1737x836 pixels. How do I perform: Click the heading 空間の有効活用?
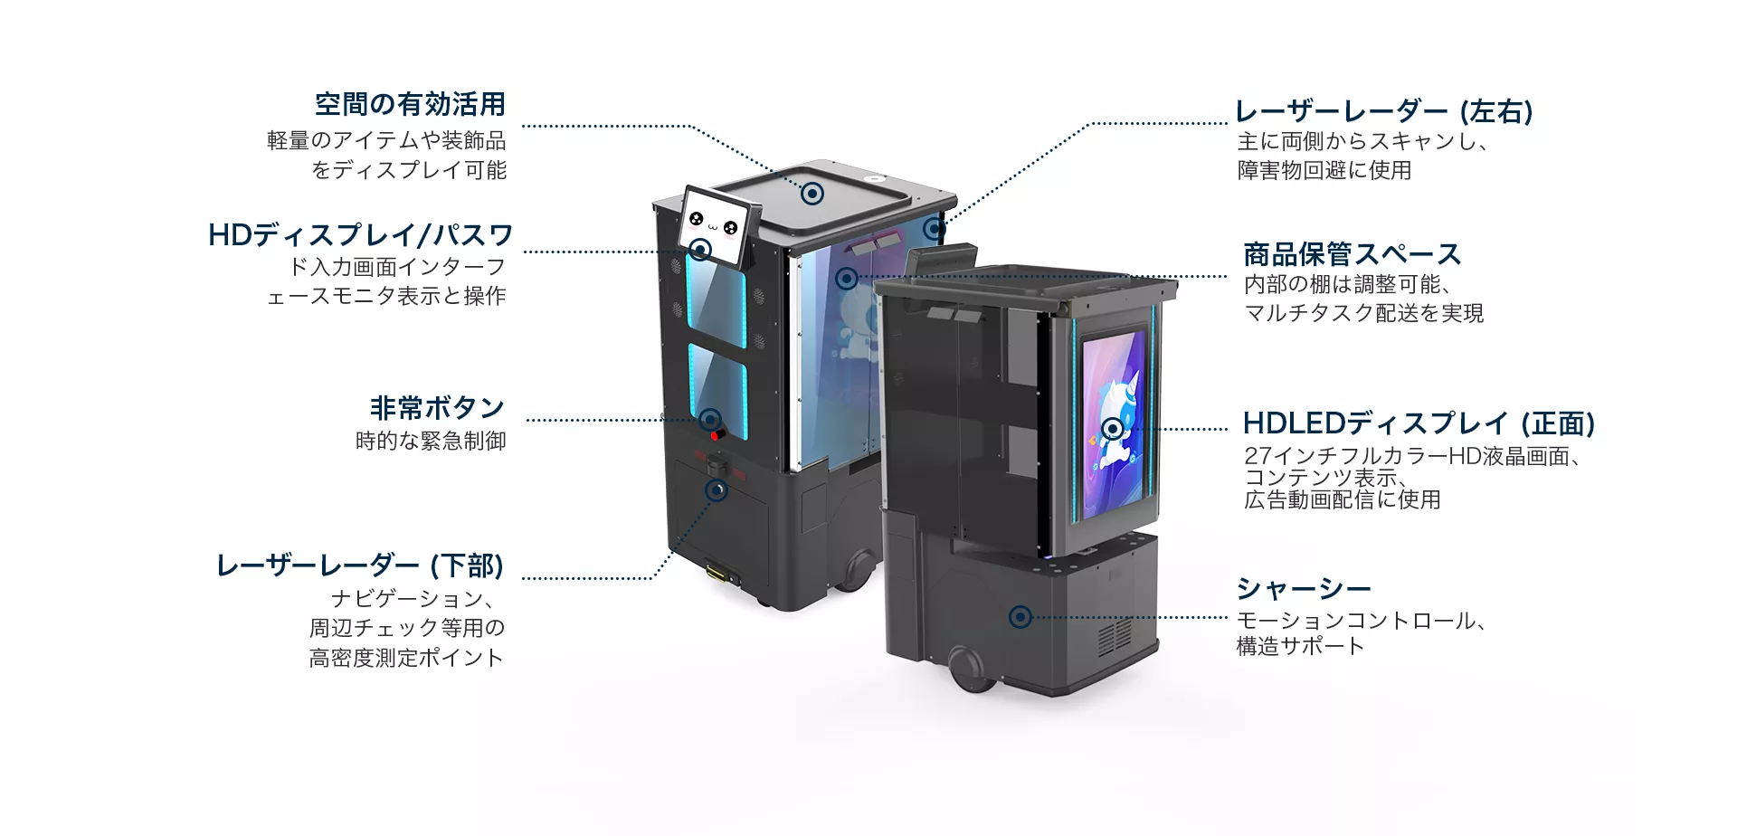point(410,105)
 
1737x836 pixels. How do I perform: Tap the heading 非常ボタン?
point(437,408)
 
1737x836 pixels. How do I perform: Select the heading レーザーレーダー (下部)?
point(360,566)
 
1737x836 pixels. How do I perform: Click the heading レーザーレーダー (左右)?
point(1384,111)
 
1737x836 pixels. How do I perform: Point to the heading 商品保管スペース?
point(1352,254)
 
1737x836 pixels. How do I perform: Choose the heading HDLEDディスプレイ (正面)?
point(1419,423)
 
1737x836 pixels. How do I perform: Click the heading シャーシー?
point(1304,589)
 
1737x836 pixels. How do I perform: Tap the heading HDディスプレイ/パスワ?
point(360,235)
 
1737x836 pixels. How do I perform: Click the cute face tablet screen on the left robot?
point(717,226)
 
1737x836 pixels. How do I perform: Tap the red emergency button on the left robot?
point(717,436)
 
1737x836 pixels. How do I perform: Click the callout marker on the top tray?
point(812,194)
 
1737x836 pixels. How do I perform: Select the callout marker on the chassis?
point(1020,617)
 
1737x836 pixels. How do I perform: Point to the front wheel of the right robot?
point(966,671)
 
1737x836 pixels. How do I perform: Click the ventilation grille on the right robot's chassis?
point(1115,637)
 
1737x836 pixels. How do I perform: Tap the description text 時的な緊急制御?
point(431,442)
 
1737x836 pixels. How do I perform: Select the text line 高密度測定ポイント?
point(406,658)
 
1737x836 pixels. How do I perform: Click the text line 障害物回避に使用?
point(1324,170)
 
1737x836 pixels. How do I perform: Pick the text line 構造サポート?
point(1301,646)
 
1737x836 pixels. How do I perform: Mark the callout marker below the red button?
point(717,490)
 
